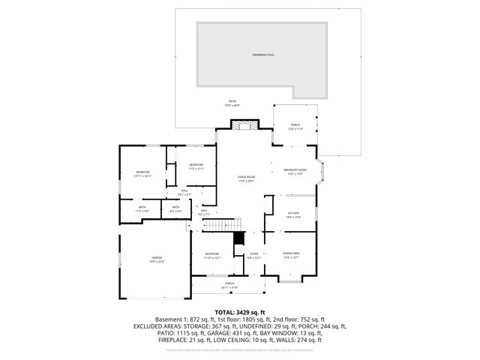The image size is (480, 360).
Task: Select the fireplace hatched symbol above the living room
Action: [240, 125]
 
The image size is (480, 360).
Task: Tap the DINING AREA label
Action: [291, 254]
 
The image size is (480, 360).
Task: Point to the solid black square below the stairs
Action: [239, 238]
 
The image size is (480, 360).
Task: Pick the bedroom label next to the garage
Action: [212, 254]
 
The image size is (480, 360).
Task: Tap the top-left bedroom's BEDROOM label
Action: [142, 172]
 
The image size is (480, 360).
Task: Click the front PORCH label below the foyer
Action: [229, 283]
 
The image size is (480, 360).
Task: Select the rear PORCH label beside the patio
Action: [295, 125]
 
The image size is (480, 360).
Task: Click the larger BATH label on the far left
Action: [142, 208]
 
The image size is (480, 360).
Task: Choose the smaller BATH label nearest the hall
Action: [175, 208]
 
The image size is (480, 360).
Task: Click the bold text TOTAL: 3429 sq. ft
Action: [240, 311]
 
